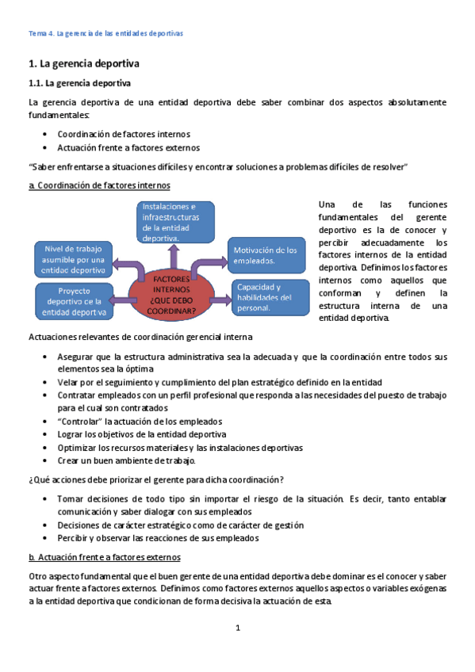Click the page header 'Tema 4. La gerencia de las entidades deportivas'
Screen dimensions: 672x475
point(105,35)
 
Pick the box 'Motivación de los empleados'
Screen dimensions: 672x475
point(266,255)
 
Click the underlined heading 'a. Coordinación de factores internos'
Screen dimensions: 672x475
point(98,185)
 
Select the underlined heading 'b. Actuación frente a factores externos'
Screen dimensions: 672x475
point(104,557)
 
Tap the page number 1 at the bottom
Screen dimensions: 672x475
point(237,628)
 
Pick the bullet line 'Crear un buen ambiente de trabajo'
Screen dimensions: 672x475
point(126,460)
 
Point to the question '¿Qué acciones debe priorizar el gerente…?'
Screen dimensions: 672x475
point(156,479)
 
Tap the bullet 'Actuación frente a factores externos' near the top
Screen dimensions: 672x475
point(128,147)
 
